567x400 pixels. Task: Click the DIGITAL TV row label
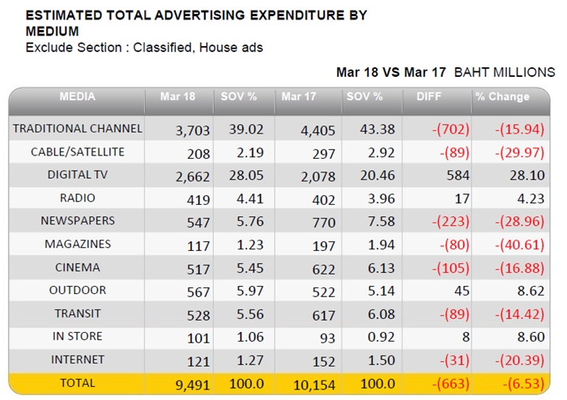pyautogui.click(x=78, y=175)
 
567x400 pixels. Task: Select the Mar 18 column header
pyautogui.click(x=177, y=96)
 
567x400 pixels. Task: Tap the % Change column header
pyautogui.click(x=502, y=96)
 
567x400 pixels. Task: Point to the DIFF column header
pyautogui.click(x=428, y=96)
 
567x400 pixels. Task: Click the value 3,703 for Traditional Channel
pyautogui.click(x=193, y=130)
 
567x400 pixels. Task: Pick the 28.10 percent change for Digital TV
pyautogui.click(x=526, y=175)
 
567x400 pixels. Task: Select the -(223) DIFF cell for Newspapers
pyautogui.click(x=450, y=222)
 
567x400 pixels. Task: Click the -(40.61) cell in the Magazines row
pyautogui.click(x=519, y=245)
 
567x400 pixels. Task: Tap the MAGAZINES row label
pyautogui.click(x=78, y=245)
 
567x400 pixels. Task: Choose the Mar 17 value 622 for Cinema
pyautogui.click(x=324, y=269)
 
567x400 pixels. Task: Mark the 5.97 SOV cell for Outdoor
pyautogui.click(x=249, y=291)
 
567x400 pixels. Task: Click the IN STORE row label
pyautogui.click(x=78, y=336)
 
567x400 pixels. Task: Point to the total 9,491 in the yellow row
pyautogui.click(x=193, y=385)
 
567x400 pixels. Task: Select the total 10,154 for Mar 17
pyautogui.click(x=314, y=385)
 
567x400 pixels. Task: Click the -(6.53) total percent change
pyautogui.click(x=523, y=384)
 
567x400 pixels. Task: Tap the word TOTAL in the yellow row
pyautogui.click(x=78, y=383)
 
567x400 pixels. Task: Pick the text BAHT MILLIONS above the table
pyautogui.click(x=505, y=72)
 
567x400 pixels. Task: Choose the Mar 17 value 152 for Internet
pyautogui.click(x=324, y=362)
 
